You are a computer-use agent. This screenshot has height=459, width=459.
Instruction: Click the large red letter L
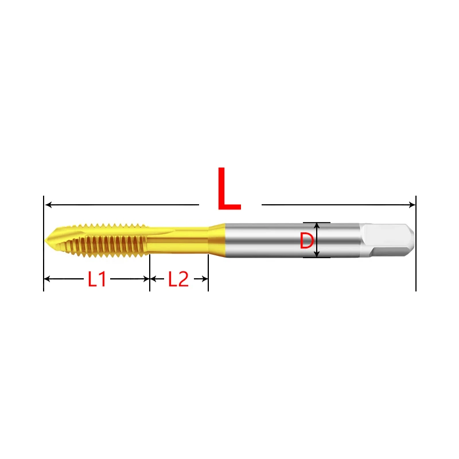point(229,190)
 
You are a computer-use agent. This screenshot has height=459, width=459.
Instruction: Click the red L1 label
point(97,279)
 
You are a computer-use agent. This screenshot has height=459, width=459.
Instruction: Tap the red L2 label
point(178,279)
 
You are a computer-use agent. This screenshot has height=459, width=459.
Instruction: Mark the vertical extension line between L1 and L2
point(150,275)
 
